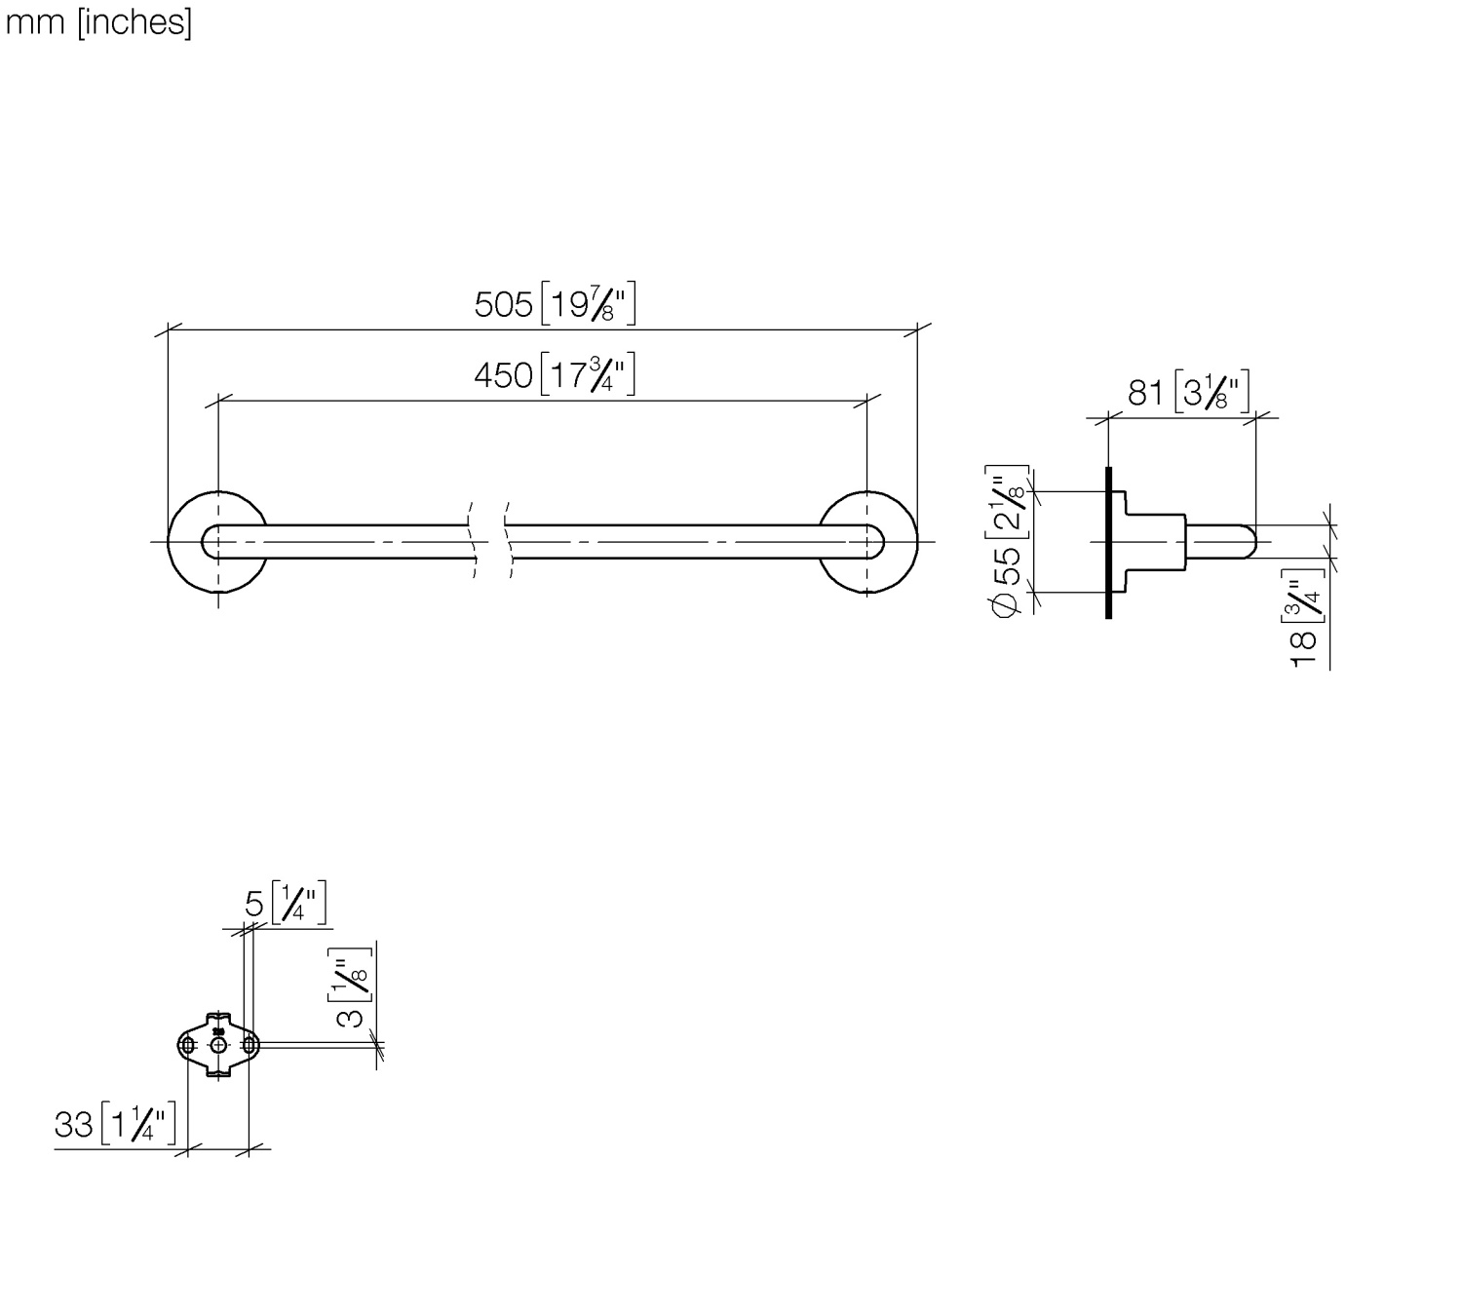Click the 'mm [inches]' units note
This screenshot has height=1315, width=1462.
[98, 21]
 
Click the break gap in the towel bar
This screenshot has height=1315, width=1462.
[490, 541]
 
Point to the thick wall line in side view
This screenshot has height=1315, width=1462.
[1108, 542]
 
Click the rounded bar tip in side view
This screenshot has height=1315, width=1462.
[1250, 541]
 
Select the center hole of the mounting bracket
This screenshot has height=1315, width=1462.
[218, 1045]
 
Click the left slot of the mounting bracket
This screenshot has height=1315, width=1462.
[188, 1045]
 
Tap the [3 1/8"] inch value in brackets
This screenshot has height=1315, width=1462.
[1211, 393]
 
